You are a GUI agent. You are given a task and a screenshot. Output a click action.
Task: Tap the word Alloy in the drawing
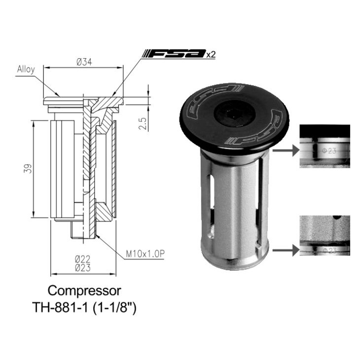(x=26, y=69)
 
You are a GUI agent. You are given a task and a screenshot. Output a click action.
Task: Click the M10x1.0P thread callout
(x=144, y=254)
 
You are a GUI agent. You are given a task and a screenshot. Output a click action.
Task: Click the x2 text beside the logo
(x=211, y=55)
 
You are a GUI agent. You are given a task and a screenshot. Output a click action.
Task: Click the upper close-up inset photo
(x=324, y=146)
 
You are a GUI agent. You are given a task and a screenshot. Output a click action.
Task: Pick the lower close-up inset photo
(x=324, y=235)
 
